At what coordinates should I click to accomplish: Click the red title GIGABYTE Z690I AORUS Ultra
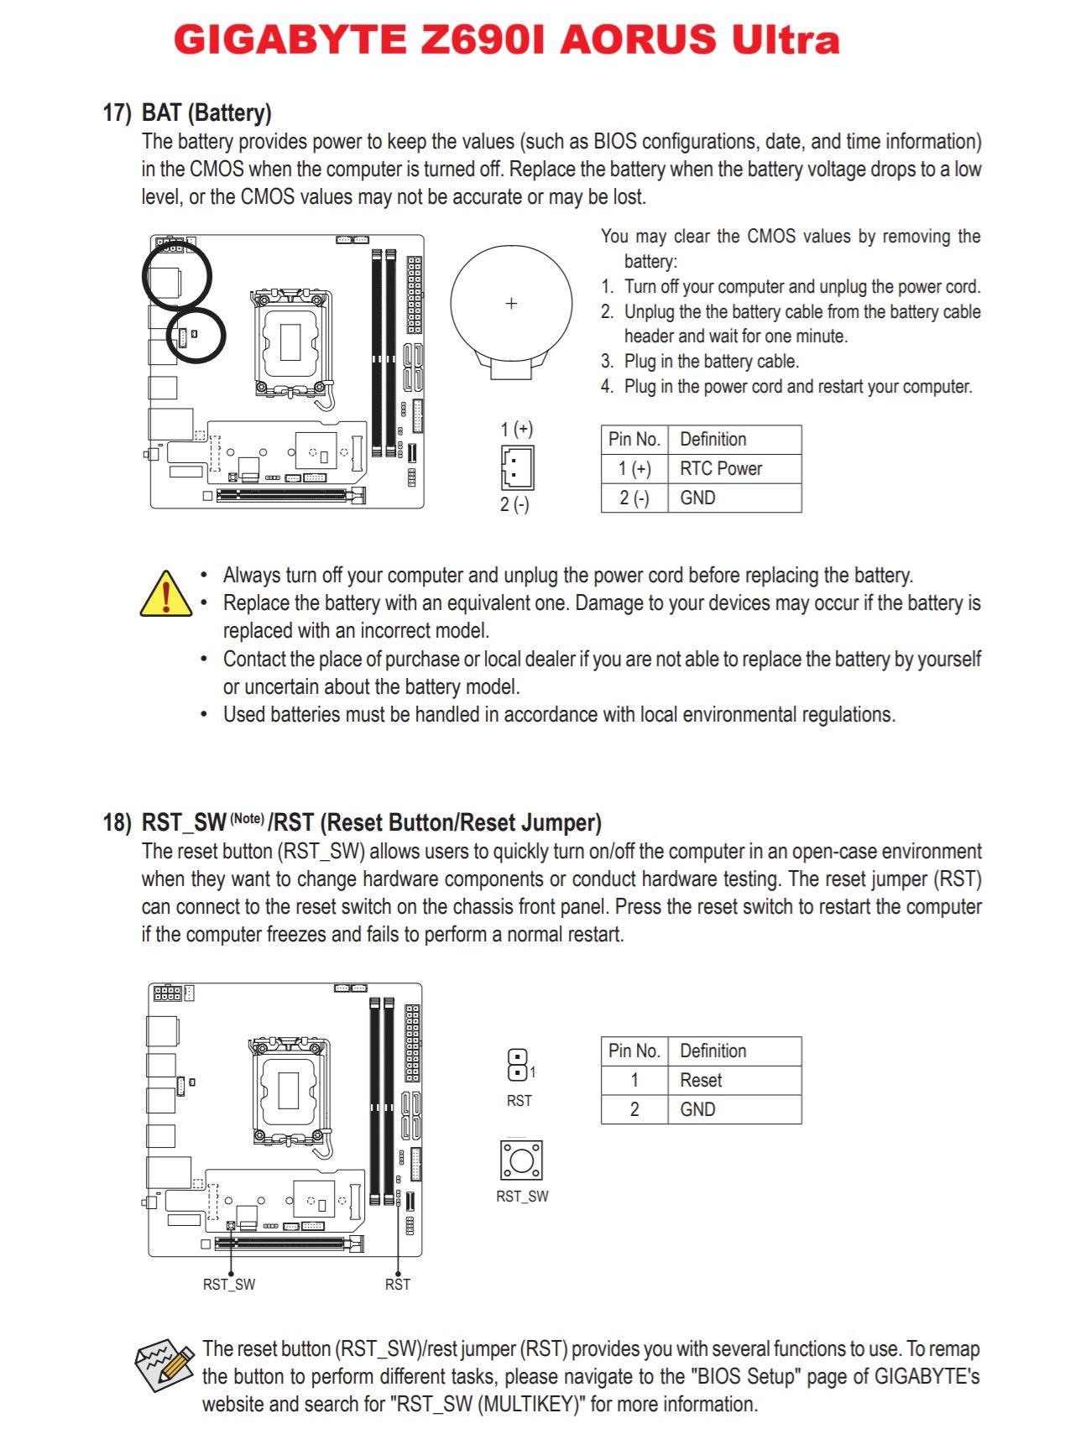pyautogui.click(x=507, y=40)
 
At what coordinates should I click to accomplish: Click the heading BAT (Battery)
pyautogui.click(x=206, y=112)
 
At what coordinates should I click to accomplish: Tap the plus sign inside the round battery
pyautogui.click(x=511, y=303)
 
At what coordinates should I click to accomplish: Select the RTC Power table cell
pyautogui.click(x=721, y=469)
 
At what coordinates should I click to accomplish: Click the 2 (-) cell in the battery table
pyautogui.click(x=634, y=498)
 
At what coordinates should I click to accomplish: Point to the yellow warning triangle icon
pyautogui.click(x=166, y=594)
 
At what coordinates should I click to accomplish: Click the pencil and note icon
pyautogui.click(x=164, y=1365)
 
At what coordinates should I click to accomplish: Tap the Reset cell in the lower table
pyautogui.click(x=701, y=1081)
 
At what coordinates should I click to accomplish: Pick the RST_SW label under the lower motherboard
pyautogui.click(x=229, y=1285)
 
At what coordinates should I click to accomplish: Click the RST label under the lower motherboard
pyautogui.click(x=398, y=1285)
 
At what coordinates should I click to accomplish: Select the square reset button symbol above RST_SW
pyautogui.click(x=521, y=1161)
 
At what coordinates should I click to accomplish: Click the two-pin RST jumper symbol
pyautogui.click(x=517, y=1066)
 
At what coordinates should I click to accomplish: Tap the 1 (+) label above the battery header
pyautogui.click(x=517, y=430)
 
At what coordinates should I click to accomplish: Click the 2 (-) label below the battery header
pyautogui.click(x=514, y=505)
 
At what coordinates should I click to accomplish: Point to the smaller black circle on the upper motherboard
pyautogui.click(x=197, y=336)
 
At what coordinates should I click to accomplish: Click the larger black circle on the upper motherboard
pyautogui.click(x=176, y=275)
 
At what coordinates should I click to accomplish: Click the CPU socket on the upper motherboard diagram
pyautogui.click(x=290, y=342)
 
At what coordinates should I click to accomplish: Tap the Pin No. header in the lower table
pyautogui.click(x=634, y=1051)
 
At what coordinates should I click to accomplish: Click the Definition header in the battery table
pyautogui.click(x=712, y=440)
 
